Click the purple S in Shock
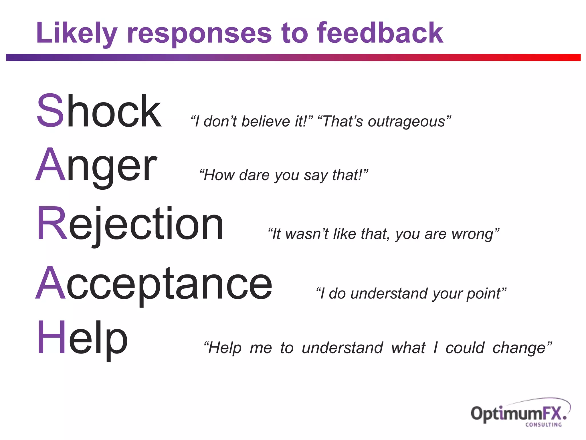coord(50,111)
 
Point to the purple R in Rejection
coord(52,223)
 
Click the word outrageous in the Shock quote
coord(406,122)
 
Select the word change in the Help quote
coord(519,348)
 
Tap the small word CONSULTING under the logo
coord(543,425)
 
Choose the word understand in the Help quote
coord(342,348)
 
